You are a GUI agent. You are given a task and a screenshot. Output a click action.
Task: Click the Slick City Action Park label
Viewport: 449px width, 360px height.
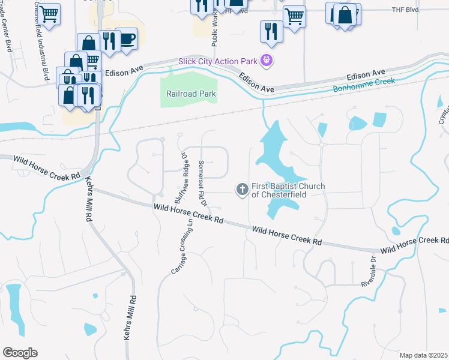tap(218, 61)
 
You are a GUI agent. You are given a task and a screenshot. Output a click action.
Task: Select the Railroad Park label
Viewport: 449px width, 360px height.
tap(191, 94)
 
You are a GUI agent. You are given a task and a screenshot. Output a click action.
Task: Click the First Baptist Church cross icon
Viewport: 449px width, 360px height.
tap(243, 190)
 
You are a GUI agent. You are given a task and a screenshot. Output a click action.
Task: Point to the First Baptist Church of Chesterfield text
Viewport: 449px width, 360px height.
tap(288, 190)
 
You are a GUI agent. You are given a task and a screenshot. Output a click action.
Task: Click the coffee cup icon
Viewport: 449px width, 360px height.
tap(127, 39)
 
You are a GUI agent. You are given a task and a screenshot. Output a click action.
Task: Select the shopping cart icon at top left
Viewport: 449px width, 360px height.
tap(49, 13)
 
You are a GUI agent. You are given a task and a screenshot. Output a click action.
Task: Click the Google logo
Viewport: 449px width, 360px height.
tap(20, 353)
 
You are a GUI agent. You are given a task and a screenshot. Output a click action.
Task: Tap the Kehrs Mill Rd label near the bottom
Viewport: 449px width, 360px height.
tap(130, 318)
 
